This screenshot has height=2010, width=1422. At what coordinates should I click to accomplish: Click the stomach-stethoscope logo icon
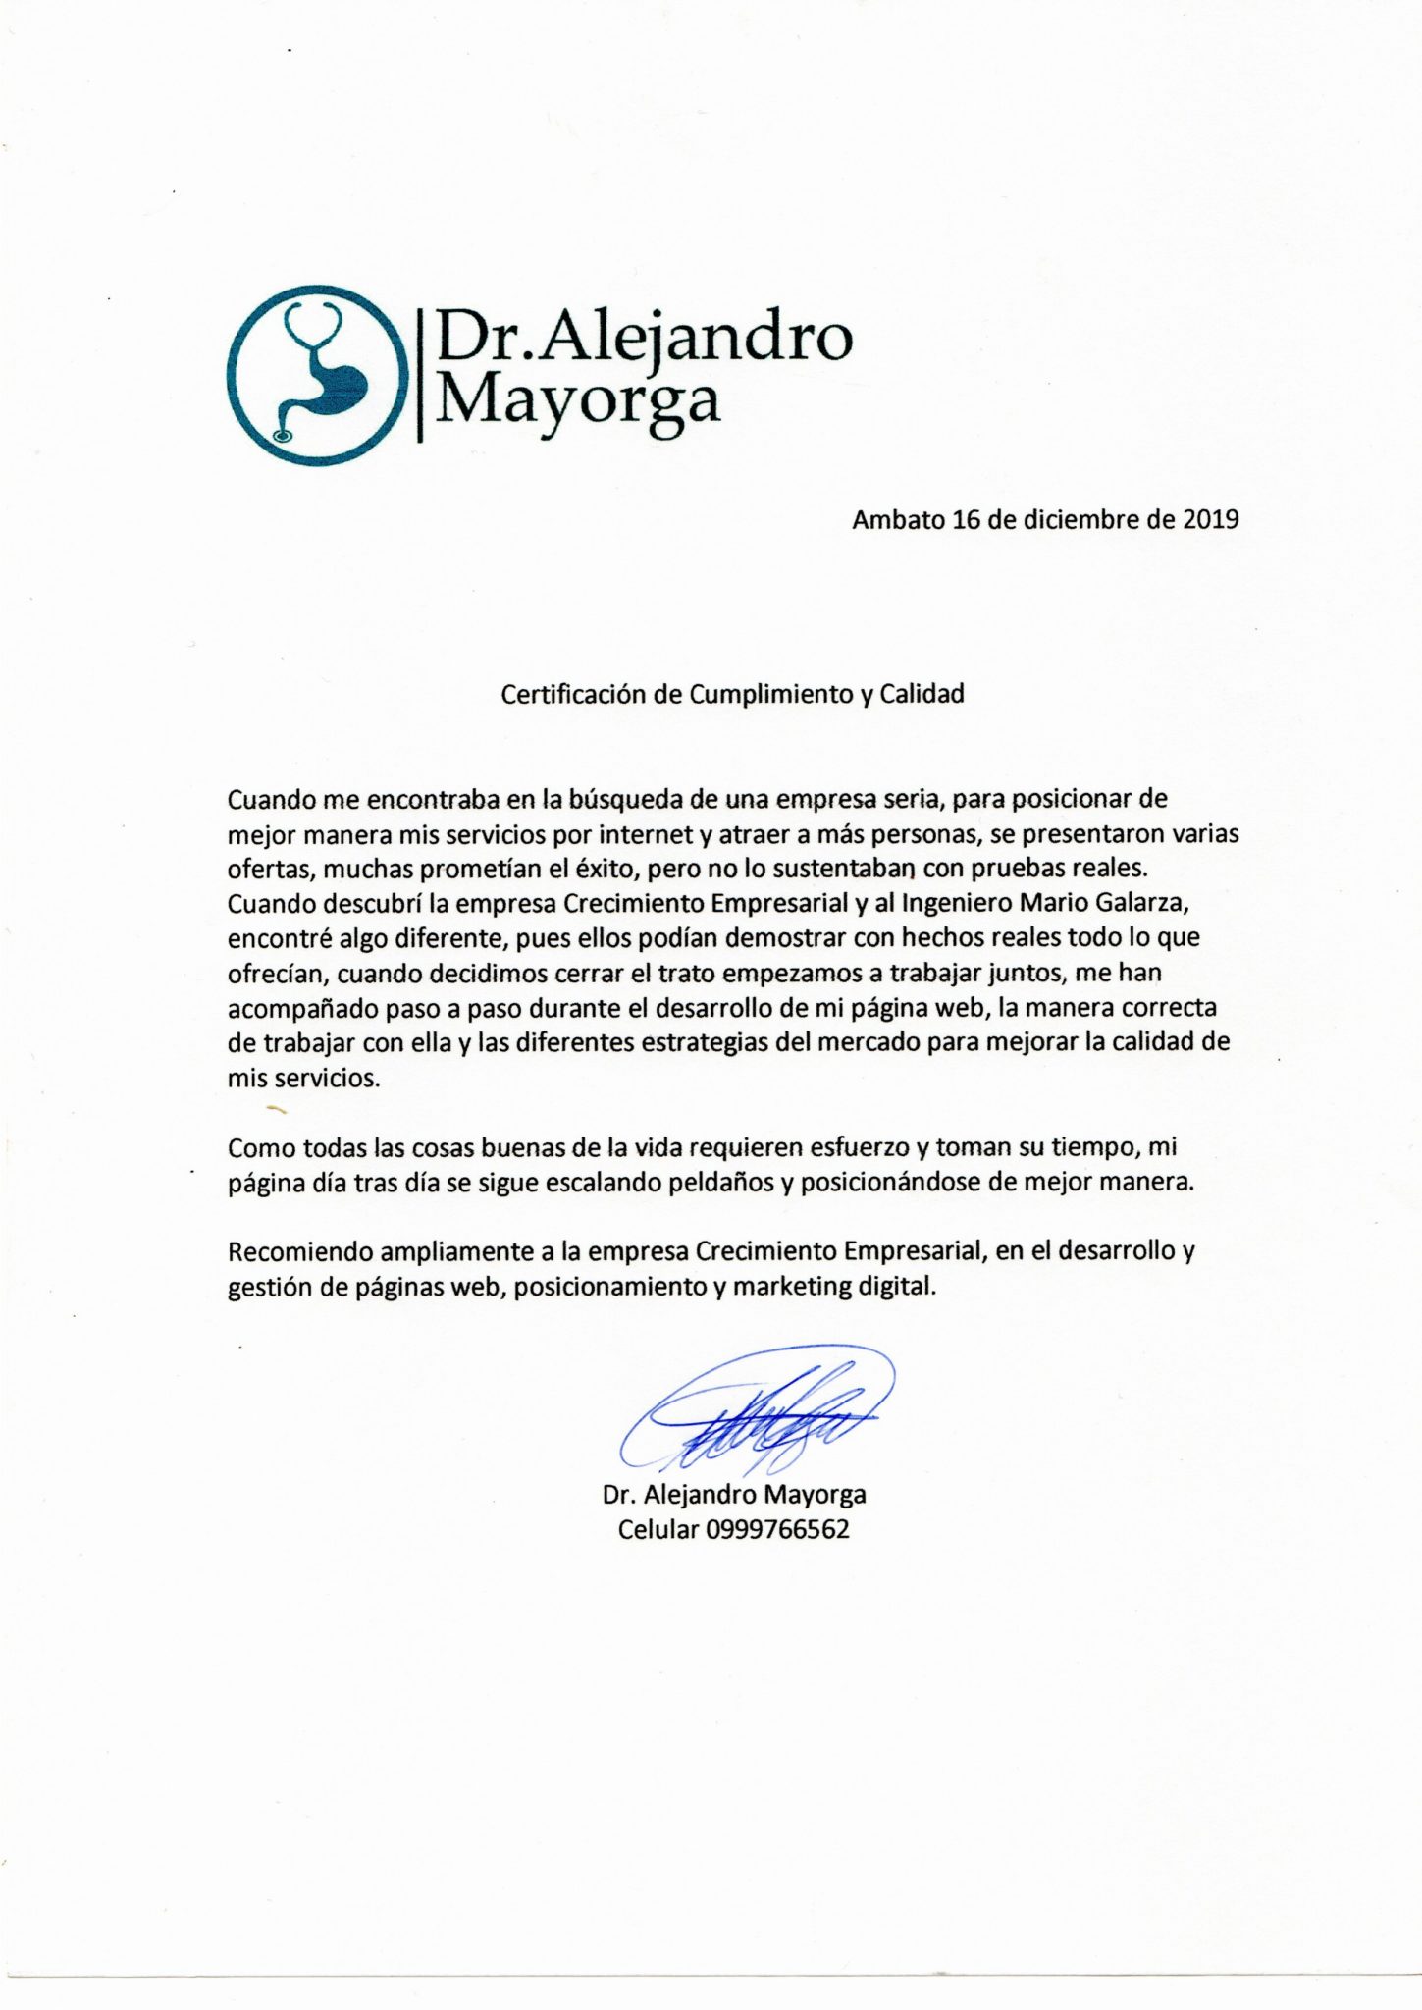click(x=317, y=373)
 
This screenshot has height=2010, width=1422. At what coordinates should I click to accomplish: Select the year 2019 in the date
click(x=1210, y=519)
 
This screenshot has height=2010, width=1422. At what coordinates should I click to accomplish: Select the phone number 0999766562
click(x=777, y=1529)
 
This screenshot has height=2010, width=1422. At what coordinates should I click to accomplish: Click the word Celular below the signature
click(x=658, y=1529)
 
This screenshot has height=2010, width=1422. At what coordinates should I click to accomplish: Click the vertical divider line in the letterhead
click(x=421, y=374)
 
